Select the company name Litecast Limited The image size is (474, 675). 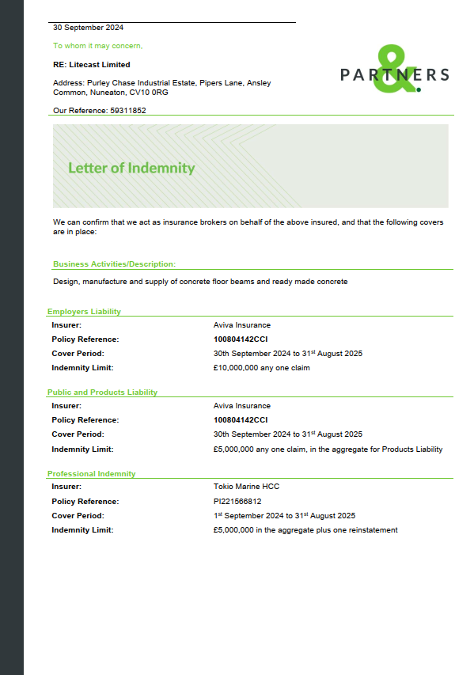point(100,65)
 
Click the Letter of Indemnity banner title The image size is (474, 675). point(131,168)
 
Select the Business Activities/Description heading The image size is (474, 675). point(114,264)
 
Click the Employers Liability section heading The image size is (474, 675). point(84,312)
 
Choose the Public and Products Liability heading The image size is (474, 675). point(102,392)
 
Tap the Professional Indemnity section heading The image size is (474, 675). point(91,474)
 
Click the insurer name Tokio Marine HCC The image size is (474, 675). point(246,487)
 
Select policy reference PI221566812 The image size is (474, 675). point(237,502)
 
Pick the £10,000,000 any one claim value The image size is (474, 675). point(261,368)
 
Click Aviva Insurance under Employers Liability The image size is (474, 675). point(242,325)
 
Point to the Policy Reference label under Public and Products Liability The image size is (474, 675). point(85,420)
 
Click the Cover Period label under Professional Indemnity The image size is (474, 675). point(78,516)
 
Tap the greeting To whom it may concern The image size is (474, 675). point(97,46)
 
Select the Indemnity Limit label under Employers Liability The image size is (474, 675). point(82,368)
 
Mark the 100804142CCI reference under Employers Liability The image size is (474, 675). point(241,339)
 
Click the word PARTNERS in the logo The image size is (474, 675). point(395,75)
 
